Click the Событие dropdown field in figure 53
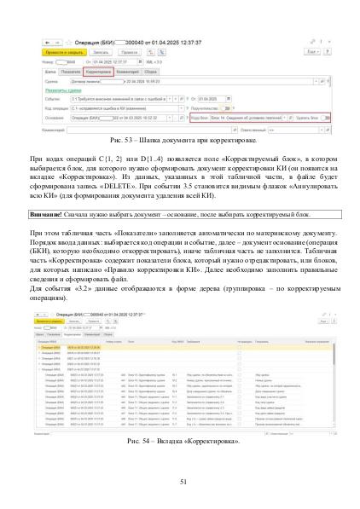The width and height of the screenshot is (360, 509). click(119, 98)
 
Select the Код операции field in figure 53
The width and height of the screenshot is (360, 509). click(119, 107)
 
